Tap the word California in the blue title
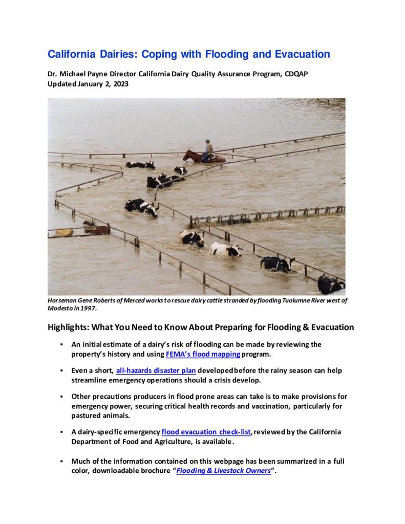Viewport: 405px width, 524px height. (73, 54)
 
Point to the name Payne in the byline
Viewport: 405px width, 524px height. (102, 74)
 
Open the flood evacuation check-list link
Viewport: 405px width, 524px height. (206, 431)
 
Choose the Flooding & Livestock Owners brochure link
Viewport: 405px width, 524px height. (223, 471)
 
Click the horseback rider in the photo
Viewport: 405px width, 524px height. (208, 149)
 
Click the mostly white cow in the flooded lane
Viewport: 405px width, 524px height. (225, 249)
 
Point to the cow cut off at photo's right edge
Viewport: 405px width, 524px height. (331, 284)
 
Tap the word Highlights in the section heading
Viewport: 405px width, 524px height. (67, 327)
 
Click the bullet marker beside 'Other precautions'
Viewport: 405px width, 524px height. (61, 397)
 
